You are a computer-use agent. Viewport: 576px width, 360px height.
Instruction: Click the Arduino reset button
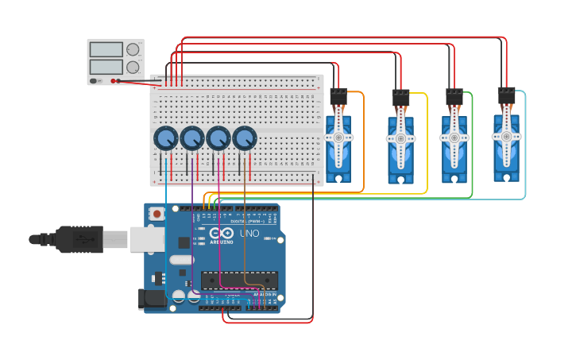point(157,214)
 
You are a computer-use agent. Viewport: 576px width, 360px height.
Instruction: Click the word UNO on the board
point(249,233)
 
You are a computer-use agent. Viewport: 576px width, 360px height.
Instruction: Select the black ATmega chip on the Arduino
point(239,280)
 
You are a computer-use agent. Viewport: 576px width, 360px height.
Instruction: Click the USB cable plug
point(79,238)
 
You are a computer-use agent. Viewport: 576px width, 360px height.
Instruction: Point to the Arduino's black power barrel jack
point(152,300)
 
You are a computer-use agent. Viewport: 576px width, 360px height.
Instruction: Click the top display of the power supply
point(106,50)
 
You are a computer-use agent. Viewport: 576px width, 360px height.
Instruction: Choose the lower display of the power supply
point(106,68)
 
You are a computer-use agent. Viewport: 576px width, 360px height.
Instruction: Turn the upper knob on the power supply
point(133,49)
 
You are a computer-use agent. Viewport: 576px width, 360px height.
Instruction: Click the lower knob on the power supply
point(133,68)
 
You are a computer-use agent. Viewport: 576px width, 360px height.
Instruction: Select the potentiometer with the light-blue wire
point(165,139)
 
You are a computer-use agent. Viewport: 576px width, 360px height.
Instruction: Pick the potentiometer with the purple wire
point(191,139)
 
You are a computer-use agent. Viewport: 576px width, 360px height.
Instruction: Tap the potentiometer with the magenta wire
point(218,139)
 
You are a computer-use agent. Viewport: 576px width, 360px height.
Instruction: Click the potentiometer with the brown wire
point(245,139)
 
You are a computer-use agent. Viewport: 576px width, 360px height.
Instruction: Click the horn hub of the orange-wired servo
point(338,137)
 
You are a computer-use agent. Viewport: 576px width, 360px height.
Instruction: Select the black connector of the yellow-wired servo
point(400,98)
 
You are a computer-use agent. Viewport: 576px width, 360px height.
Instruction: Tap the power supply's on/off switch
point(95,80)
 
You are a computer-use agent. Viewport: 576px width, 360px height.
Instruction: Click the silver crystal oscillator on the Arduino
point(181,260)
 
